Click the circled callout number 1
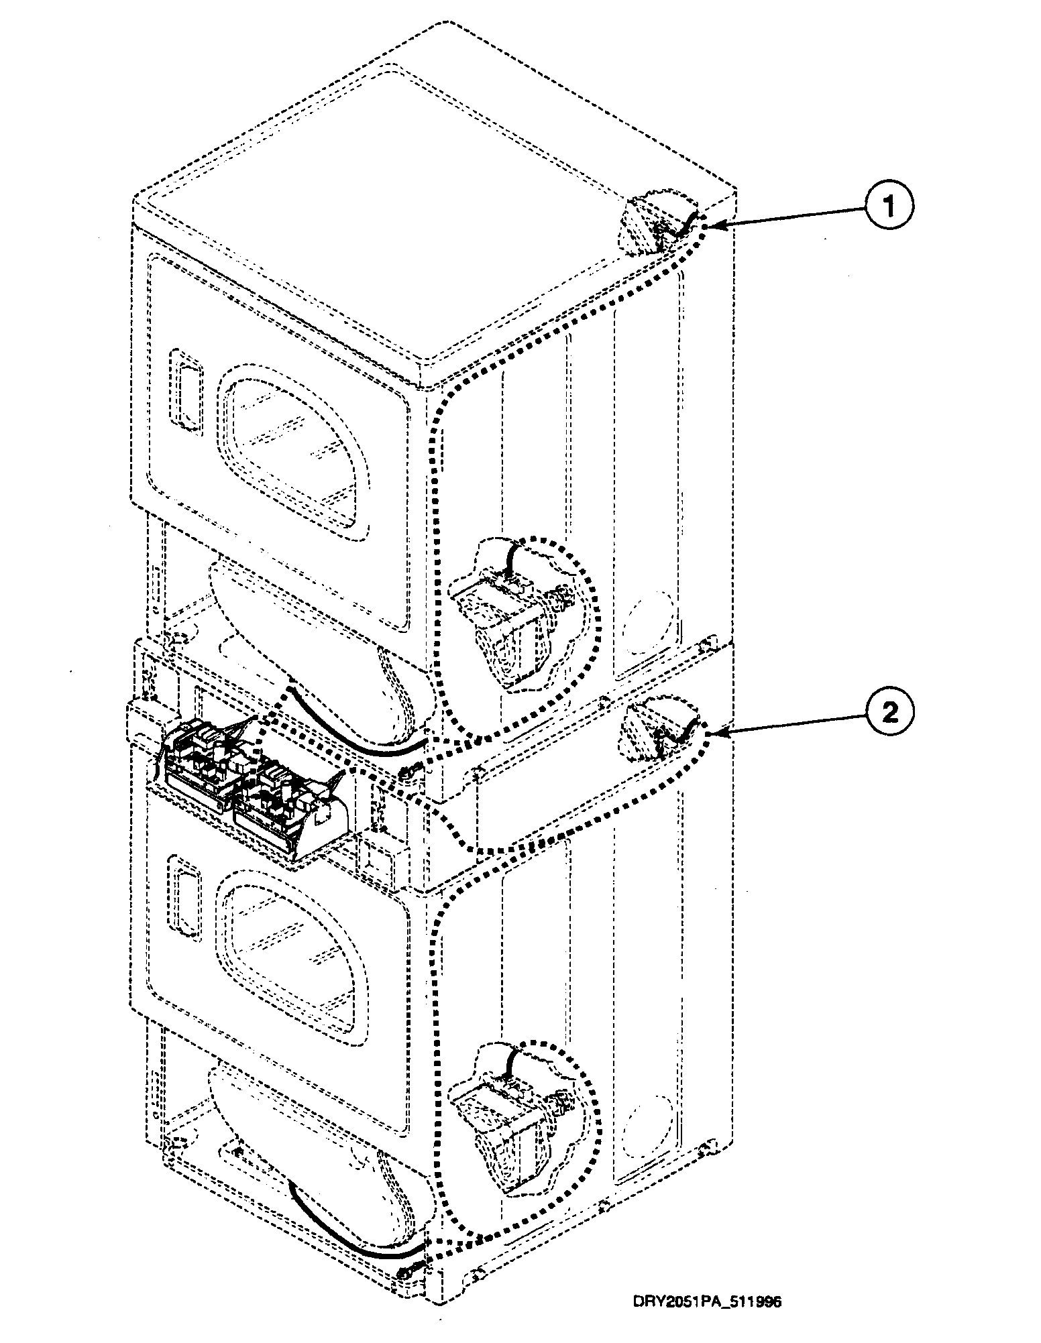pyautogui.click(x=888, y=207)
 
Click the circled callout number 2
pyautogui.click(x=888, y=713)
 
